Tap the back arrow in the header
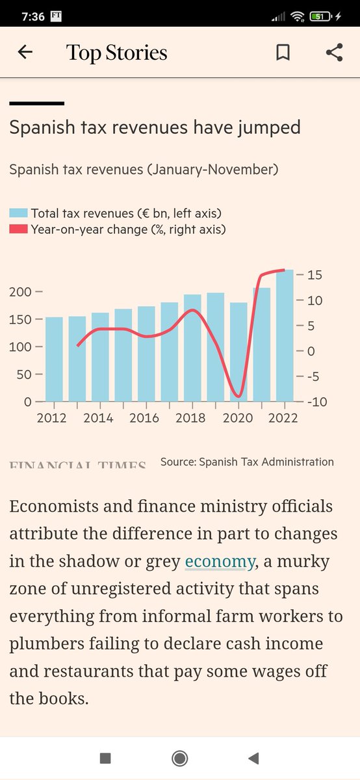[25, 53]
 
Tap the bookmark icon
[283, 53]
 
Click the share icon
[334, 53]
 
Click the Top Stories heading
[117, 53]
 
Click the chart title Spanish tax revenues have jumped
[155, 127]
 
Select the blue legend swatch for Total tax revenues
[18, 213]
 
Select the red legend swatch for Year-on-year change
[18, 229]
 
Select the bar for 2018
[192, 348]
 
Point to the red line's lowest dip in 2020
[238, 395]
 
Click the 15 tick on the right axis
[314, 275]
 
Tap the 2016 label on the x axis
[144, 418]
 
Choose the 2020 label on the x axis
[238, 418]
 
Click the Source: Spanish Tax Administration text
[247, 462]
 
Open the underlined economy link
[219, 562]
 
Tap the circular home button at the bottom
[180, 758]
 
